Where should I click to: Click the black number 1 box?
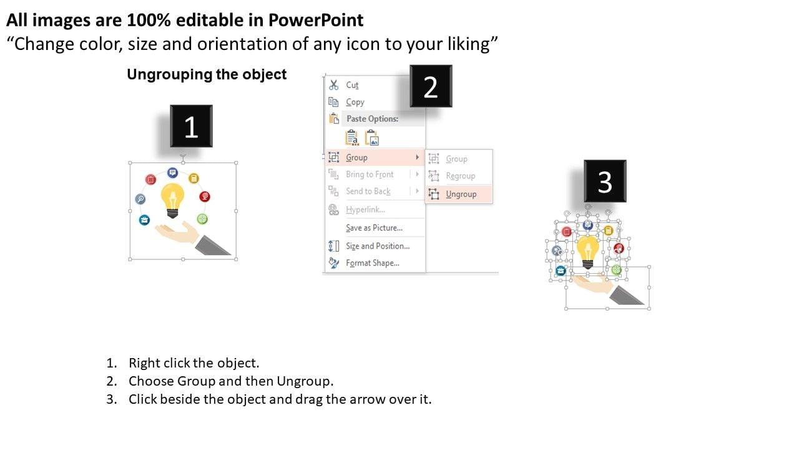click(191, 126)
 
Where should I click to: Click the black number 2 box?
click(431, 86)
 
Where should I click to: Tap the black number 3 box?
click(605, 181)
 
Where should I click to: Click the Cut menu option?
click(352, 85)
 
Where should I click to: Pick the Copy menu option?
click(355, 102)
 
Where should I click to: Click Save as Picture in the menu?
click(374, 228)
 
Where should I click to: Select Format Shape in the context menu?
click(373, 263)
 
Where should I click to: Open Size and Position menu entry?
click(378, 246)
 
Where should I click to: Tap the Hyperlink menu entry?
click(365, 209)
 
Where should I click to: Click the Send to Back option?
click(368, 191)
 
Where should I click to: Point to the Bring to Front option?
click(370, 174)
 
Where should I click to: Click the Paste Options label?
click(373, 119)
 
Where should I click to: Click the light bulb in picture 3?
click(588, 252)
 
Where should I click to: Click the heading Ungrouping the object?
click(207, 74)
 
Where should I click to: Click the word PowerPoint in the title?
click(316, 20)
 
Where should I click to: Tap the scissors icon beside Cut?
click(333, 85)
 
